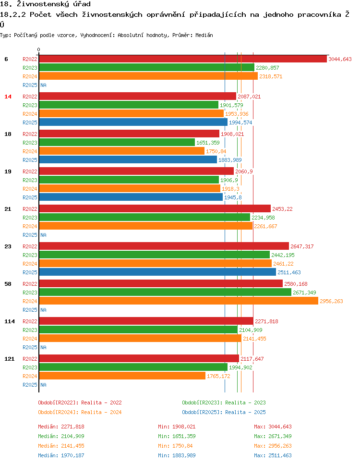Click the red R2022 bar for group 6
pos(182,59)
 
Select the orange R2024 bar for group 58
pos(178,301)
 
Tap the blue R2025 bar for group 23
pos(157,272)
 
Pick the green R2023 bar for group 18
pos(117,143)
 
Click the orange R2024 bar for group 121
pos(122,376)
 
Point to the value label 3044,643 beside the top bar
pos(340,59)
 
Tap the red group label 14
pos(8,97)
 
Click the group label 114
pos(9,321)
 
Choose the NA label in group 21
pos(43,235)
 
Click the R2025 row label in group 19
pos(30,197)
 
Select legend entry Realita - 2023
pos(224,403)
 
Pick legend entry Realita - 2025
pos(224,412)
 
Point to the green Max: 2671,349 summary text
pos(273,436)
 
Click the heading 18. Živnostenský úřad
pos(46,4)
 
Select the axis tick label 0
pos(39,49)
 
